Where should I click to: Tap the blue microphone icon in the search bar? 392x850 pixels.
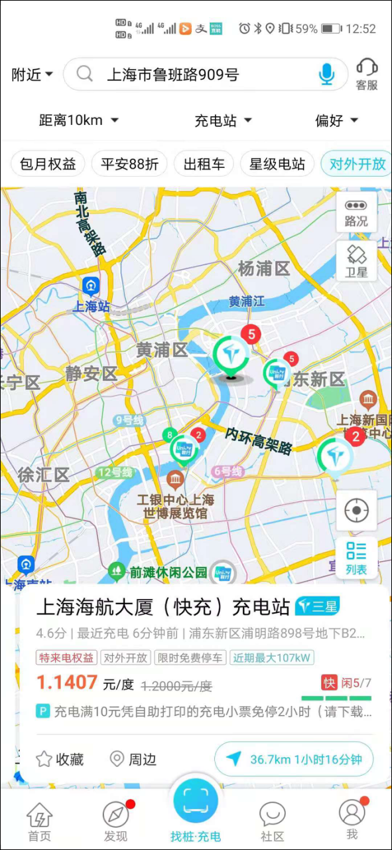326,74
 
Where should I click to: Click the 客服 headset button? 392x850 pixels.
367,74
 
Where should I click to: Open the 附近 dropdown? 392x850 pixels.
32,74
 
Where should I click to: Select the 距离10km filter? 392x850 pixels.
78,120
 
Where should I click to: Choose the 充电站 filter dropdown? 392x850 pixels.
223,120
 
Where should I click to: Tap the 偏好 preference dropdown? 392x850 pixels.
336,120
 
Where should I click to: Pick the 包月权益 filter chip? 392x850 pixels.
48,164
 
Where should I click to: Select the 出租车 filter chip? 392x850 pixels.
204,164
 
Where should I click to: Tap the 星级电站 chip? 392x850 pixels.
277,164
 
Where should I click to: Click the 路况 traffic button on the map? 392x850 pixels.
356,212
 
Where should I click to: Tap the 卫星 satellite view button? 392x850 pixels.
356,261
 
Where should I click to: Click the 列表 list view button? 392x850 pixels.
356,558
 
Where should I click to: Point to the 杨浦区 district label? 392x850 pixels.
264,269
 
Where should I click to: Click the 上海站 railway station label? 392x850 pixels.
91,306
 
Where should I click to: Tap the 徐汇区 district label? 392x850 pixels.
43,475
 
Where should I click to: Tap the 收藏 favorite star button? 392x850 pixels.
61,759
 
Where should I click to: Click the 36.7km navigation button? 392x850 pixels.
294,759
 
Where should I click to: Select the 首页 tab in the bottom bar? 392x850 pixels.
39,821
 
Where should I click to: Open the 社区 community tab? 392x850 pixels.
272,821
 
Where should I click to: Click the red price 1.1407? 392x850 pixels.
67,682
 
